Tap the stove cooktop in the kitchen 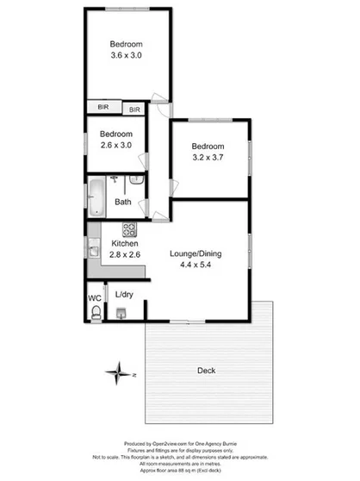click(130, 229)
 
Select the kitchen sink click(93, 251)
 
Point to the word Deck click(206, 371)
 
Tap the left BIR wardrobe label click(103, 108)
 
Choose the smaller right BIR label click(135, 110)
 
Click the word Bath click(124, 203)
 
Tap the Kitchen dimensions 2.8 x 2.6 click(125, 255)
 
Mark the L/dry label click(125, 295)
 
